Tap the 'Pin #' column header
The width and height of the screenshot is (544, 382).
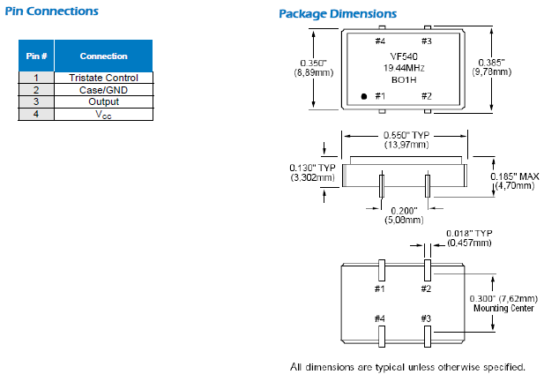(x=36, y=56)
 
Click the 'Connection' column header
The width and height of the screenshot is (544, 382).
(x=103, y=56)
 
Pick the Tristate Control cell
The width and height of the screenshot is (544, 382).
(x=103, y=78)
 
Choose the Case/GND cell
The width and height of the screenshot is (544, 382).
(x=103, y=90)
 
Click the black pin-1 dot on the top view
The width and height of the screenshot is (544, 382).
(x=364, y=96)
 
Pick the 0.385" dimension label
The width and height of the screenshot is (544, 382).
(x=492, y=62)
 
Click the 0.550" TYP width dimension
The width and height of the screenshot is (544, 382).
(x=405, y=136)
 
